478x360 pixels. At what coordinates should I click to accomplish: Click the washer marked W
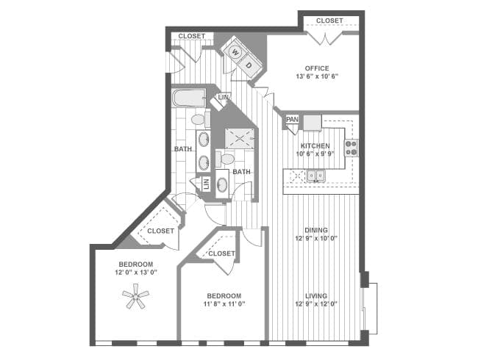pyautogui.click(x=235, y=52)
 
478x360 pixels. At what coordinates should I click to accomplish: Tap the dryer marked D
pyautogui.click(x=249, y=65)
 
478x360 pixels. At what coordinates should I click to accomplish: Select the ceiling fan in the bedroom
pyautogui.click(x=135, y=296)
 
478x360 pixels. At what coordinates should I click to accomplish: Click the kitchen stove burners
pyautogui.click(x=352, y=148)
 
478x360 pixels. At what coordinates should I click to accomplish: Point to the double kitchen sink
pyautogui.click(x=315, y=176)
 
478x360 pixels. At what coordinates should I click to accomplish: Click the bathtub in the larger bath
pyautogui.click(x=189, y=98)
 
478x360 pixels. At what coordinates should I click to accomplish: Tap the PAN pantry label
pyautogui.click(x=292, y=120)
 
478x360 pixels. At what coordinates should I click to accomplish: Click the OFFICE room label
pyautogui.click(x=317, y=68)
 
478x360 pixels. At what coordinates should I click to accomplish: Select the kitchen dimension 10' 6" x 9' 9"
pyautogui.click(x=315, y=154)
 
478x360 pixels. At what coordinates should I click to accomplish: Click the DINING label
pyautogui.click(x=316, y=230)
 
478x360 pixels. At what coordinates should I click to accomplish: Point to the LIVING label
pyautogui.click(x=316, y=296)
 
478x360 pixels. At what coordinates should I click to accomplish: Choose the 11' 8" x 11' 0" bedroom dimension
pyautogui.click(x=224, y=303)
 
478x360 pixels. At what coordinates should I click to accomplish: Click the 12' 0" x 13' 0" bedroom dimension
pyautogui.click(x=136, y=272)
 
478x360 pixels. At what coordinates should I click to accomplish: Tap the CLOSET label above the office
pyautogui.click(x=329, y=21)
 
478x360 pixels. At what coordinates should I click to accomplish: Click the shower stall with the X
pyautogui.click(x=240, y=139)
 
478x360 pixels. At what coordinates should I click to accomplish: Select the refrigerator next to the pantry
pyautogui.click(x=313, y=123)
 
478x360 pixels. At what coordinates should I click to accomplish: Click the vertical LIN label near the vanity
pyautogui.click(x=206, y=184)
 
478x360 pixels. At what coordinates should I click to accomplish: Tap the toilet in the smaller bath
pyautogui.click(x=225, y=159)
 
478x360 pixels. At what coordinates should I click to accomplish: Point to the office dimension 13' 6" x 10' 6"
pyautogui.click(x=317, y=76)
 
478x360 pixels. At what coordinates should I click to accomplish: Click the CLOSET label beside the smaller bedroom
pyautogui.click(x=221, y=253)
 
